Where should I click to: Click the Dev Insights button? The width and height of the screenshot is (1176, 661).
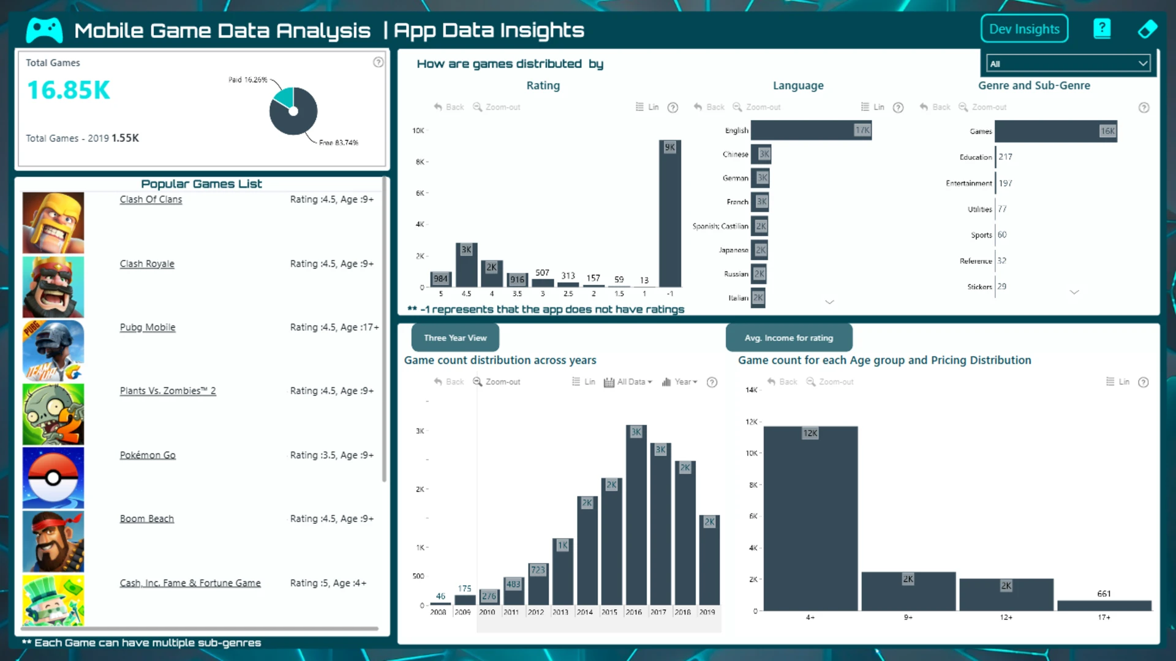(x=1024, y=29)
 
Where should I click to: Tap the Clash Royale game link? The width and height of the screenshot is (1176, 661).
(x=147, y=264)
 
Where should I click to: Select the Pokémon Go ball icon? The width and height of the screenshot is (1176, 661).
(x=53, y=478)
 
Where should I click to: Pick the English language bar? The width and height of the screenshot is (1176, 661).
(x=810, y=130)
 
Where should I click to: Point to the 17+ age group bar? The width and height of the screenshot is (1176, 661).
(x=1104, y=605)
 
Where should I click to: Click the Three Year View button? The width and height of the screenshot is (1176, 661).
(x=455, y=338)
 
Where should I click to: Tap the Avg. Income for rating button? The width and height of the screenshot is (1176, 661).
(x=788, y=338)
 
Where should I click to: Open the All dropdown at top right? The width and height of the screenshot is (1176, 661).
(x=1068, y=64)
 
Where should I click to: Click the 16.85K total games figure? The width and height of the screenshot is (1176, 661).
(x=69, y=91)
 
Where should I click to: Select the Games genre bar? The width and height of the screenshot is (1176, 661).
(x=1055, y=131)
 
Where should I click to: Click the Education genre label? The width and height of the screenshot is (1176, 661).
(x=975, y=157)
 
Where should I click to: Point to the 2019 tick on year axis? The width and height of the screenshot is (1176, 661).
(x=707, y=612)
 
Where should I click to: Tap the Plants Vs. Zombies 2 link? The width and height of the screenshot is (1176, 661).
(x=168, y=391)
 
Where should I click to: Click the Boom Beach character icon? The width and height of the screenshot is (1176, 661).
(x=53, y=542)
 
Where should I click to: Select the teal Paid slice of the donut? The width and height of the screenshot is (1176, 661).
(x=285, y=97)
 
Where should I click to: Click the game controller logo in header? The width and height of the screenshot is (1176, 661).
(x=44, y=30)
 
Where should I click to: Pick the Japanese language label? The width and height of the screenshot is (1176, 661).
(x=733, y=250)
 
